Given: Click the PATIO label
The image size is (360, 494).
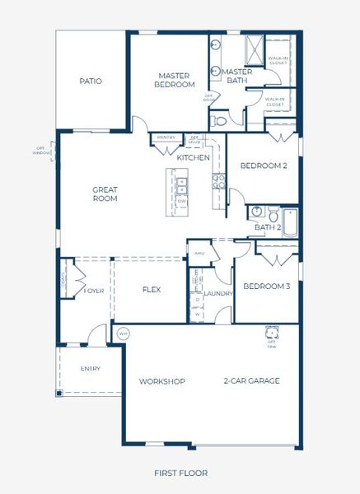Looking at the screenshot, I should click(91, 82).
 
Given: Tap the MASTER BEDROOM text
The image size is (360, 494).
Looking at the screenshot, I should click(175, 80).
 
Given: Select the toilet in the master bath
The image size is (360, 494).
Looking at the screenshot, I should click(219, 120).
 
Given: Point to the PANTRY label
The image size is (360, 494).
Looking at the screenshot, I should click(166, 137).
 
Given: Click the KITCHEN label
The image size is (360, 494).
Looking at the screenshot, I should click(194, 157).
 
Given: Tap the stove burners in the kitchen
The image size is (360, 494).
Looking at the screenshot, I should click(219, 180).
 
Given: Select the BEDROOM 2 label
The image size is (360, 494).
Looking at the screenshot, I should click(263, 165).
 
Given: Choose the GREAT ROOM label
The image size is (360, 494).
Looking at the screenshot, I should click(105, 193).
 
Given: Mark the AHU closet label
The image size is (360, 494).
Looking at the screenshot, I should click(199, 253).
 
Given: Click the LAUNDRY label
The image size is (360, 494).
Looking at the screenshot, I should click(217, 293).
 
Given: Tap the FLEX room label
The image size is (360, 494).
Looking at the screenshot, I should click(151, 290).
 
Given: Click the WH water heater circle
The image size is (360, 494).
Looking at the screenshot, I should click(124, 333).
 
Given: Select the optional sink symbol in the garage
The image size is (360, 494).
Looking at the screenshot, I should click(271, 333).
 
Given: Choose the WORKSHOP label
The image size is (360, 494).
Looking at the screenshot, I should click(161, 381).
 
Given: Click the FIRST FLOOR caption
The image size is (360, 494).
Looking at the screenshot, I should click(180, 473).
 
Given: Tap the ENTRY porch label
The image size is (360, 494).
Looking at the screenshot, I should click(91, 368).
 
